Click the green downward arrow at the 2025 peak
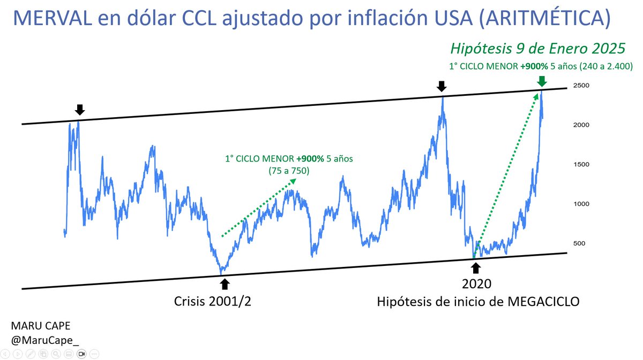[x=542, y=81]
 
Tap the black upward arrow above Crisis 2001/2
[x=224, y=283]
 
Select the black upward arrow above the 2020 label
[x=476, y=267]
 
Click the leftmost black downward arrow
[x=80, y=110]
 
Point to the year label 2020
[x=476, y=284]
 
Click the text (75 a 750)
[x=289, y=171]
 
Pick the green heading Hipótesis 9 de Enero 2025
[x=537, y=49]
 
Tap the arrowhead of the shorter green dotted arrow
[x=294, y=182]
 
